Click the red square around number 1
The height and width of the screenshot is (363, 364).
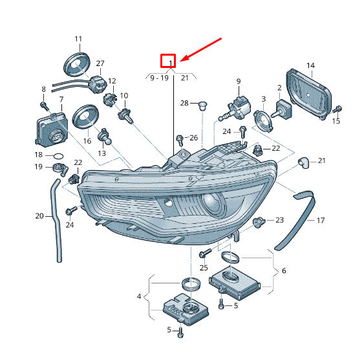[x=168, y=55]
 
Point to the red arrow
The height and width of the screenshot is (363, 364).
[x=201, y=50]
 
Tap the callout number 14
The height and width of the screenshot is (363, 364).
[x=310, y=65]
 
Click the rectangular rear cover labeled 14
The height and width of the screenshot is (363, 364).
[x=308, y=94]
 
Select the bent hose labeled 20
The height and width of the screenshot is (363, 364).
[x=56, y=220]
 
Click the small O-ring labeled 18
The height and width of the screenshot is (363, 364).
[x=58, y=156]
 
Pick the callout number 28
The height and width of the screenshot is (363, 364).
[x=184, y=103]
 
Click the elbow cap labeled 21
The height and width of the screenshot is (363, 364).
[x=304, y=162]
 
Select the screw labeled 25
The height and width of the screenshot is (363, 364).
[x=205, y=253]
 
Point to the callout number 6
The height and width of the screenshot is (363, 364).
[x=284, y=270]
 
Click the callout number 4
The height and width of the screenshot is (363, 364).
[x=139, y=296]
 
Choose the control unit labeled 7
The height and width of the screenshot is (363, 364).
[x=52, y=130]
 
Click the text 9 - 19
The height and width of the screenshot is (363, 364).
[x=159, y=78]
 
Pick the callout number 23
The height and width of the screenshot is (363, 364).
[x=279, y=220]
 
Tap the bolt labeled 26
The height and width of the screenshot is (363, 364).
[x=180, y=140]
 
